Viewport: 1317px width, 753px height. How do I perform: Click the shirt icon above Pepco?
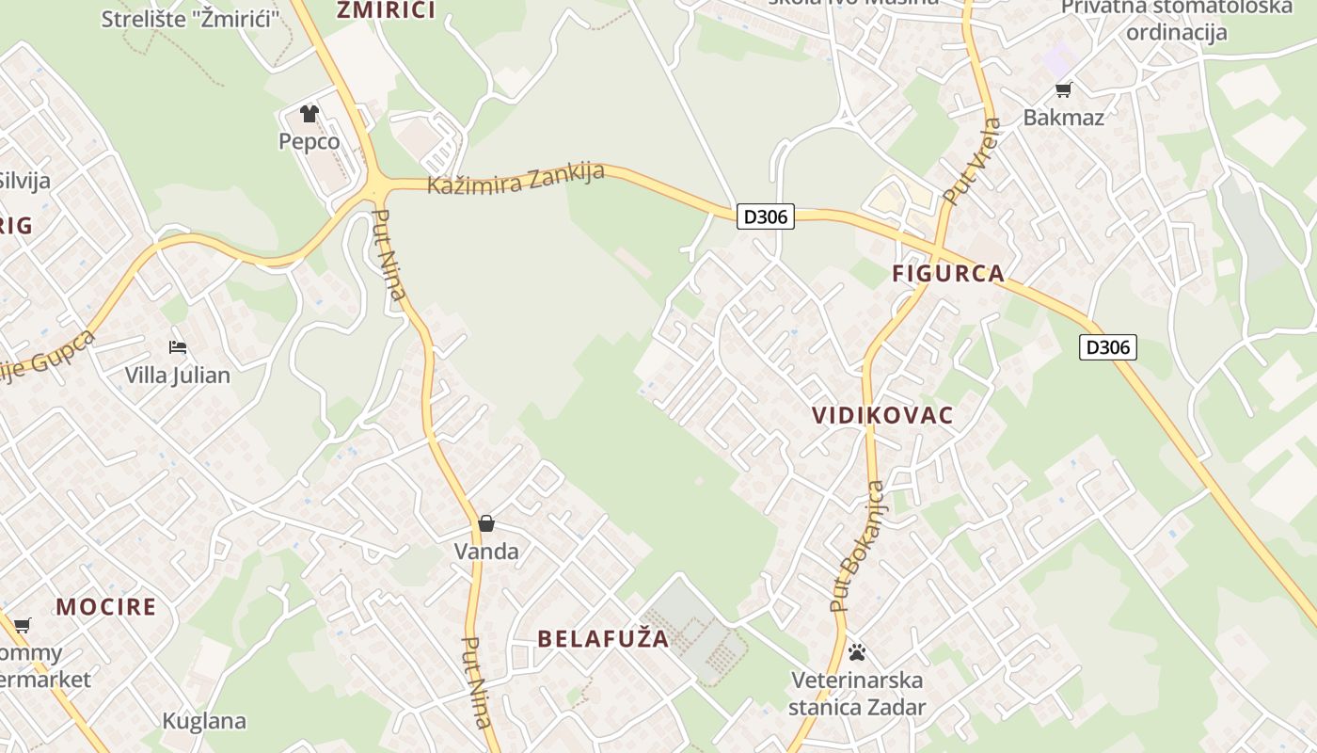309,114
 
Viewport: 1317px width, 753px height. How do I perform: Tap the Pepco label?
309,142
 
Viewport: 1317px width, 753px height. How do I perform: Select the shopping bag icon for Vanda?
486,523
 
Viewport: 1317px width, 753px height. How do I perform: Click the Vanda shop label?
486,552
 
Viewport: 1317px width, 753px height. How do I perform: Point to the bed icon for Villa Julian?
178,347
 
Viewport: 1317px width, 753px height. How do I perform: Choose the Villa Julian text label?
178,376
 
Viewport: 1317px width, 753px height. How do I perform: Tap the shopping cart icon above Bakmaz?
1064,89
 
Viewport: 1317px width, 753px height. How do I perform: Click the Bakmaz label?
1064,118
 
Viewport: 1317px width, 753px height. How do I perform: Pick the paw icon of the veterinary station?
857,651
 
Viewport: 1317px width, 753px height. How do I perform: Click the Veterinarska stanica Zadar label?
857,694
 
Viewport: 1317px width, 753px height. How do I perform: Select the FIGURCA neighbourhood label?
948,274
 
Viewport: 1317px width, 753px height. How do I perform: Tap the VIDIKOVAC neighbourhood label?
882,415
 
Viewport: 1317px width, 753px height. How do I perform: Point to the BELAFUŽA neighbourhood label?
603,638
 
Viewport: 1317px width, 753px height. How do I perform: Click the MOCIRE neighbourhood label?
106,606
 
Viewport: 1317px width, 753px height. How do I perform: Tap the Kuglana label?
204,722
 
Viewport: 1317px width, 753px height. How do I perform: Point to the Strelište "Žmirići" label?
191,19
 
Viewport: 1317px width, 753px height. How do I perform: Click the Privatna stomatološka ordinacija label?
1176,20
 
